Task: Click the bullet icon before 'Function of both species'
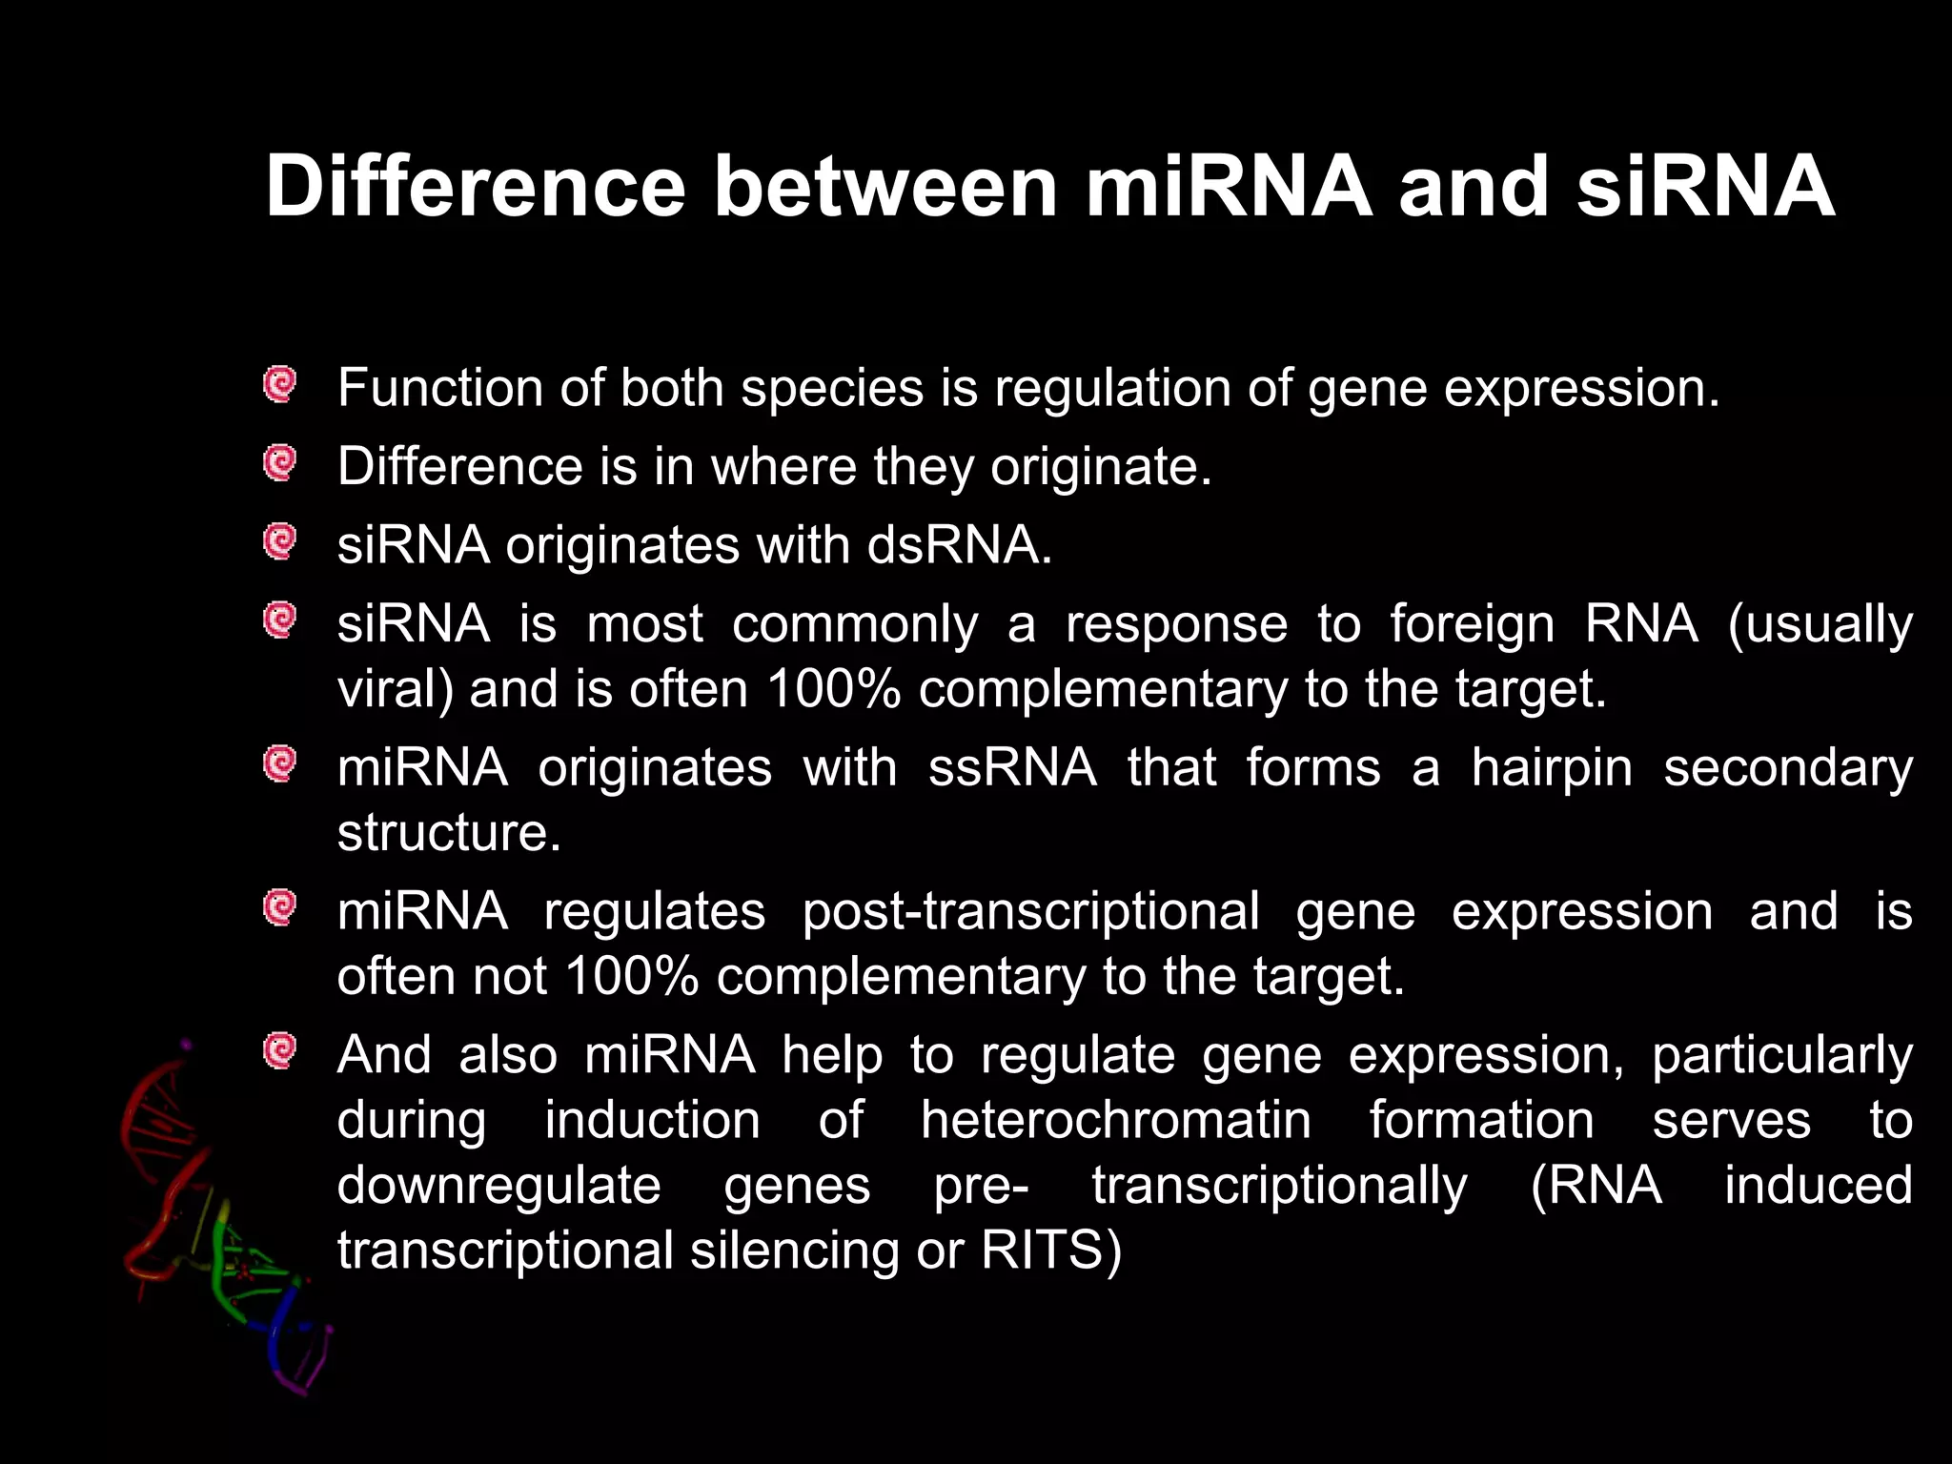tap(280, 385)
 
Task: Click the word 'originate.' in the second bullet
tap(1101, 468)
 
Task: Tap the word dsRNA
tap(960, 546)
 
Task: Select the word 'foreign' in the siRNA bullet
tap(1472, 625)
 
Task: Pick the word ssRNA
tap(1012, 768)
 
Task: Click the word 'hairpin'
tap(1552, 768)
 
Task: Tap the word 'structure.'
tap(449, 833)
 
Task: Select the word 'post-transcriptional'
tap(1030, 912)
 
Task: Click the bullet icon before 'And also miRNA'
tap(280, 1051)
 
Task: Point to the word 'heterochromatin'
tap(1115, 1121)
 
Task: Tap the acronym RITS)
tap(1051, 1251)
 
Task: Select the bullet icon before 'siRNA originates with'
tap(280, 542)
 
